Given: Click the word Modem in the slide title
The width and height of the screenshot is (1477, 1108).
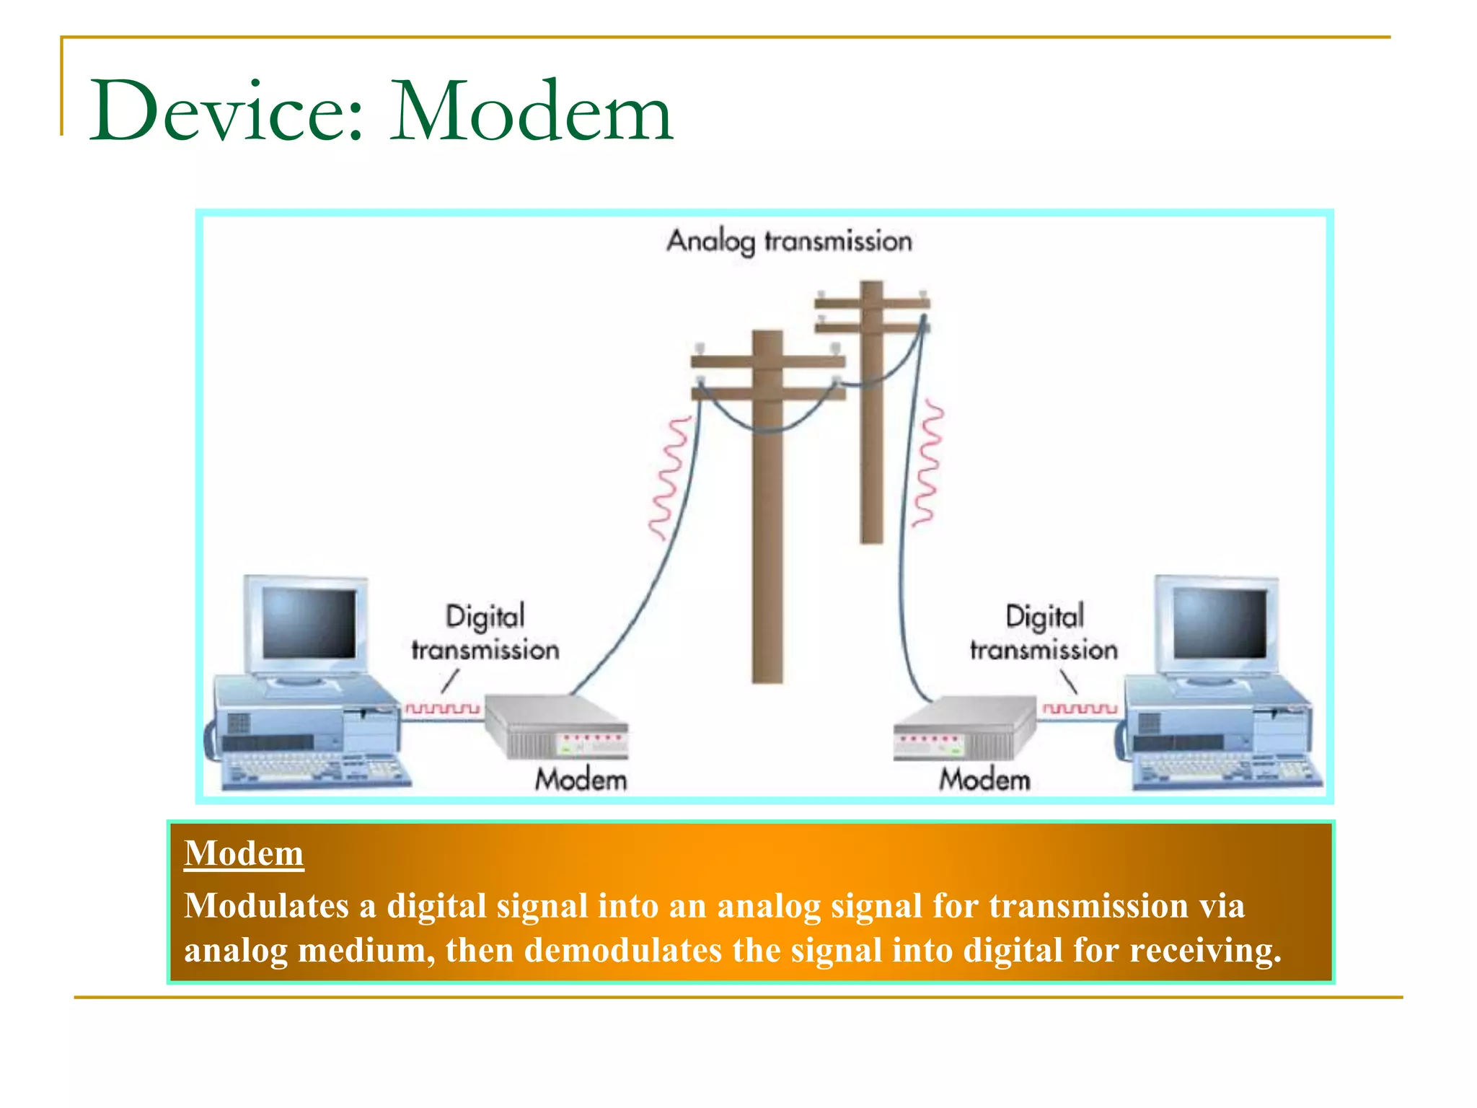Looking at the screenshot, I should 532,112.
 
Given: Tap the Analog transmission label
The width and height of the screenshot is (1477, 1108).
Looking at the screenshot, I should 789,241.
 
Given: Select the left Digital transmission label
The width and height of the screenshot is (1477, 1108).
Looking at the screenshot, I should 485,633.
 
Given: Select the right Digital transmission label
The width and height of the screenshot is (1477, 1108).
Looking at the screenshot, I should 1044,633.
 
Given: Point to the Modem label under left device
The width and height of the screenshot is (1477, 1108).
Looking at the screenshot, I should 581,780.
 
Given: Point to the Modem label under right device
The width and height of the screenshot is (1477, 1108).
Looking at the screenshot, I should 984,780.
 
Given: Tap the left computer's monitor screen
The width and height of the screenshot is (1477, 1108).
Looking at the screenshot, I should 309,623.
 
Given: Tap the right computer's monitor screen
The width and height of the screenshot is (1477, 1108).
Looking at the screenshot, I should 1220,623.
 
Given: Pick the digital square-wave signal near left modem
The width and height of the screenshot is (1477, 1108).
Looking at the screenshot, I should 442,708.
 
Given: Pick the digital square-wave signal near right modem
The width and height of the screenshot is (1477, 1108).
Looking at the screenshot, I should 1079,708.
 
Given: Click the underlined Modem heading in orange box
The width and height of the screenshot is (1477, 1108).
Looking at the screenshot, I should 244,853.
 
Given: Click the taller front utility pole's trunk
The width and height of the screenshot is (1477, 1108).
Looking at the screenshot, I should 767,541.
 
